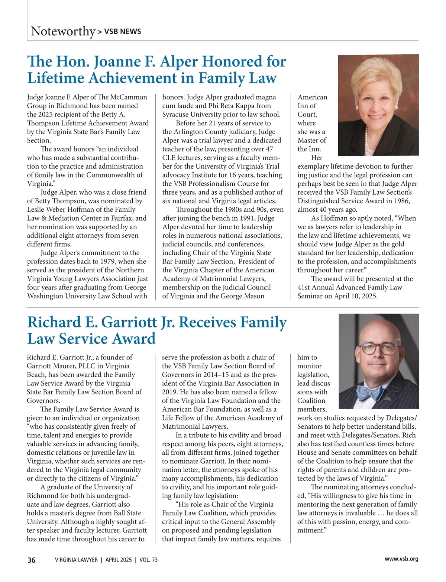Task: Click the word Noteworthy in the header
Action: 63,31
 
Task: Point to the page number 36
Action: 31,560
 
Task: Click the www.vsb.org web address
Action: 401,559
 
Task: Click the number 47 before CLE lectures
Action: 269,149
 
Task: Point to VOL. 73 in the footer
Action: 149,560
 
